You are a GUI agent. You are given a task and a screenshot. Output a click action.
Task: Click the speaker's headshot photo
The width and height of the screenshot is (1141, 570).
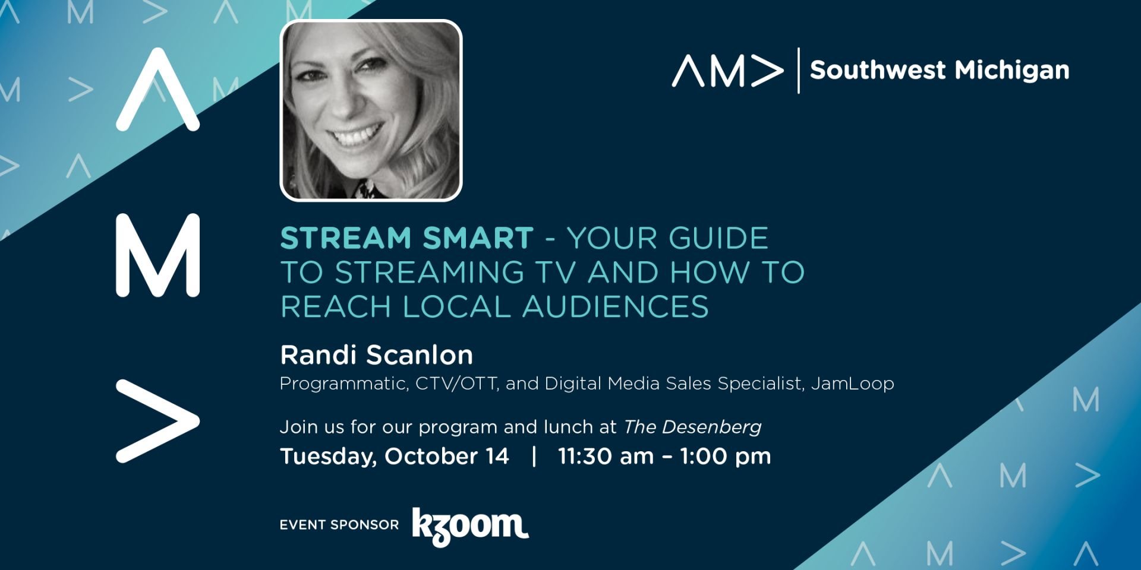click(371, 110)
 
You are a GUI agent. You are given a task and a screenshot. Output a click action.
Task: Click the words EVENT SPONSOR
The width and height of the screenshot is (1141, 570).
click(339, 525)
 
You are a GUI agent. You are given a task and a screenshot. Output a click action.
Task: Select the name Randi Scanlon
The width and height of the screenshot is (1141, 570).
click(377, 355)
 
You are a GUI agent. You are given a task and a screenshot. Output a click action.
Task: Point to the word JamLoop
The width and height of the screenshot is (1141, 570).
click(853, 384)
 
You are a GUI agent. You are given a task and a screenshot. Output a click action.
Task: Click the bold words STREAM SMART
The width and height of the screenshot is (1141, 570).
click(406, 238)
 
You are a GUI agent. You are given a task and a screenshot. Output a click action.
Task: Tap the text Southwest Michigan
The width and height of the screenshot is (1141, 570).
click(940, 70)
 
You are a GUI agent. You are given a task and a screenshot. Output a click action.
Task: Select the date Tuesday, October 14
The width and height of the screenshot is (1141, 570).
click(395, 456)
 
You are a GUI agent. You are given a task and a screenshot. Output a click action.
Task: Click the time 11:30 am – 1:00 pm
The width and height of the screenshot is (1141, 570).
click(664, 456)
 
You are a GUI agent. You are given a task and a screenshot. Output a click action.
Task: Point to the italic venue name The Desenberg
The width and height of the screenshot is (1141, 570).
click(692, 427)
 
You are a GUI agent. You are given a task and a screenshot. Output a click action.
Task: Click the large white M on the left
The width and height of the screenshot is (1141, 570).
click(157, 255)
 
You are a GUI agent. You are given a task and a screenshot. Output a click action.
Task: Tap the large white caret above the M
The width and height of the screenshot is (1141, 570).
click(157, 89)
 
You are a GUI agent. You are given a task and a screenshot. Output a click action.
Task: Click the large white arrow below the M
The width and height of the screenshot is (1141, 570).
click(157, 421)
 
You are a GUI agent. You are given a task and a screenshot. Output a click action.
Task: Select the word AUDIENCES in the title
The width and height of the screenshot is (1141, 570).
click(616, 307)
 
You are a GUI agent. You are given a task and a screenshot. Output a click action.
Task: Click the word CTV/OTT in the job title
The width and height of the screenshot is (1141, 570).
click(456, 384)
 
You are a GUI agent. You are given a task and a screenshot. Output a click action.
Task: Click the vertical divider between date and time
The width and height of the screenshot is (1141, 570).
click(534, 456)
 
